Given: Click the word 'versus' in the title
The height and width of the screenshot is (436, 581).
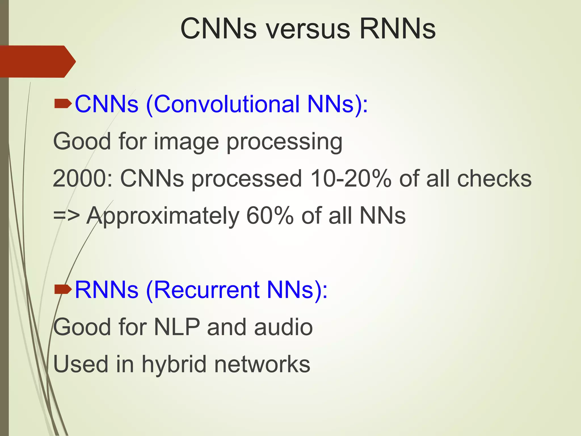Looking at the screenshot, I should click(x=308, y=29).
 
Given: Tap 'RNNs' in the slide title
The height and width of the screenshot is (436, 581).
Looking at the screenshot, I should click(x=397, y=29).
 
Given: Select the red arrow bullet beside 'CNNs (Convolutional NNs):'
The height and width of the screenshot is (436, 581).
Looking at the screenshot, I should click(x=63, y=104).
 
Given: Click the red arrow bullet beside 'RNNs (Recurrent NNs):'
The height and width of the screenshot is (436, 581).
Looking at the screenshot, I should click(x=63, y=290).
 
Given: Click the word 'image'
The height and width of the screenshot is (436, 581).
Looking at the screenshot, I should click(x=186, y=142).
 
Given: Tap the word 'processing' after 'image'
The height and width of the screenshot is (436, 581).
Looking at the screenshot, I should click(x=284, y=142).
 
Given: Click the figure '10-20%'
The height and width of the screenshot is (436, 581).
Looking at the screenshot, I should click(x=351, y=179).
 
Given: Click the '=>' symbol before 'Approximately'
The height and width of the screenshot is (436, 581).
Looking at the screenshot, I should click(x=66, y=216).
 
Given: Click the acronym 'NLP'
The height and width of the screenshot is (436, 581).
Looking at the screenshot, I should click(x=177, y=327).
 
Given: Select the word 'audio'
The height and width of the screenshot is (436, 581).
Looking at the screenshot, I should click(x=283, y=327).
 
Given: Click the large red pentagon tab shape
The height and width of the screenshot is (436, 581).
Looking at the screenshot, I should click(x=37, y=62).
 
